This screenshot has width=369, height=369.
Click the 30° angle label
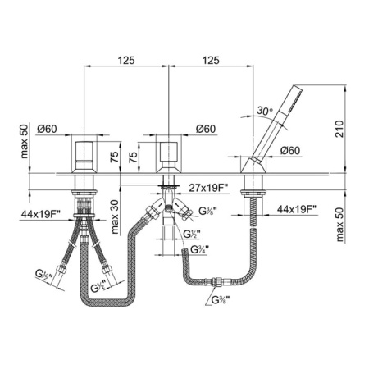pyautogui.click(x=265, y=111)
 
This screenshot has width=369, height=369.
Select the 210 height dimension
pyautogui.click(x=339, y=129)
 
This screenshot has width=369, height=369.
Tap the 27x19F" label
pyautogui.click(x=208, y=188)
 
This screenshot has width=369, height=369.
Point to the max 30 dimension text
pyautogui.click(x=115, y=217)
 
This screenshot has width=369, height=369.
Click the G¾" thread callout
pyautogui.click(x=200, y=249)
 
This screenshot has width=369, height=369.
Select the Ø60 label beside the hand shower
pyautogui.click(x=290, y=150)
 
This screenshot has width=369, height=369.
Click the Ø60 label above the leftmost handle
pyautogui.click(x=47, y=129)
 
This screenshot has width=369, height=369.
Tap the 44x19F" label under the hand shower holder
pyautogui.click(x=297, y=209)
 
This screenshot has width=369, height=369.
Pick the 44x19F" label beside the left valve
pyautogui.click(x=40, y=214)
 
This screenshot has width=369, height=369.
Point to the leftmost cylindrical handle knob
pyautogui.click(x=84, y=151)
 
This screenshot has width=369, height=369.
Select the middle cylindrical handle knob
pyautogui.click(x=169, y=152)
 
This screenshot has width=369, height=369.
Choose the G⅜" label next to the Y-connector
pyautogui.click(x=208, y=211)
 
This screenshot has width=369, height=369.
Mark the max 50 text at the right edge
pyautogui.click(x=339, y=225)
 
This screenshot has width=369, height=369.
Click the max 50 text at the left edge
pyautogui.click(x=25, y=141)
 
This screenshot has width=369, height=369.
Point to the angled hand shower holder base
pyautogui.click(x=253, y=165)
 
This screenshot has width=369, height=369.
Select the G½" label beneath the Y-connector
pyautogui.click(x=192, y=234)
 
